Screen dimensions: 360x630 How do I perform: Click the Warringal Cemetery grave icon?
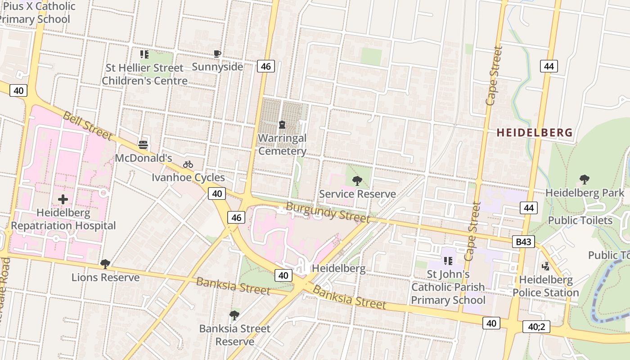pos(282,124)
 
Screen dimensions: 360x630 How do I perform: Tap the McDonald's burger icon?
pos(143,144)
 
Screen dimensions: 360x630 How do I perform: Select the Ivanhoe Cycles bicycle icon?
pos(188,164)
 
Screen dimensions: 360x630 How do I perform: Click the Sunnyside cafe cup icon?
pos(217,54)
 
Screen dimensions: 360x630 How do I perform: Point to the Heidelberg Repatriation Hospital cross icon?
pos(63,199)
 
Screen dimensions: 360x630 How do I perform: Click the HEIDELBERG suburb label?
pos(535,133)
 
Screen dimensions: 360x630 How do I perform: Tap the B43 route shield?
pos(523,242)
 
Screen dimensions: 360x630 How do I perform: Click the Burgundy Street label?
pos(328,212)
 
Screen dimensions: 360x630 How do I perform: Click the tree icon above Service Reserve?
pos(357,181)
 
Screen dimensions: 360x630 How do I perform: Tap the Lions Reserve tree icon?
pos(105,264)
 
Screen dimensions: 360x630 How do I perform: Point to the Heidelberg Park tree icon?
pos(584,180)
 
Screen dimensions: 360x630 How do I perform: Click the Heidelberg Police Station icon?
pos(546,266)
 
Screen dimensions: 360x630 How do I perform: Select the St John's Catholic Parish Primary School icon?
pos(448,261)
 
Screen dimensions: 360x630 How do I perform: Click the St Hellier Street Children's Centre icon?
pos(144,54)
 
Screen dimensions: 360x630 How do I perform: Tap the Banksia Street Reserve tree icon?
pos(234,315)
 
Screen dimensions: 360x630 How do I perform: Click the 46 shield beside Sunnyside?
pos(265,67)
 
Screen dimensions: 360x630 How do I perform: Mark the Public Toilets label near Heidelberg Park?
pos(580,220)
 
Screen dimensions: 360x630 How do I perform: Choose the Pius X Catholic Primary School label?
pos(36,13)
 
